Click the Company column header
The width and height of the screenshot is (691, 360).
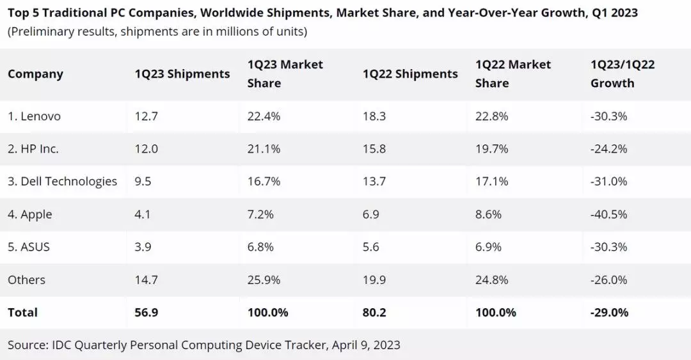[x=35, y=74]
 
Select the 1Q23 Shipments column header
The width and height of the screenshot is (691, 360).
[x=182, y=74]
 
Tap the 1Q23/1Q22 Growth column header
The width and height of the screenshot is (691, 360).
[x=622, y=74]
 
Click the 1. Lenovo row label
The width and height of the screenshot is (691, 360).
[x=34, y=116]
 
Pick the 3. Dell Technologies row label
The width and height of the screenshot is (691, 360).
[x=62, y=182]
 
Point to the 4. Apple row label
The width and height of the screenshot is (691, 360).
[x=29, y=215]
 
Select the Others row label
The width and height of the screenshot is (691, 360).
[x=26, y=280]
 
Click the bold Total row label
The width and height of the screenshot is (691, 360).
[x=22, y=313]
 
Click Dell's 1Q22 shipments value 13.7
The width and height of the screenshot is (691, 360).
[x=374, y=182]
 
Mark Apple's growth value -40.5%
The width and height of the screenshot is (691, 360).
[x=608, y=215]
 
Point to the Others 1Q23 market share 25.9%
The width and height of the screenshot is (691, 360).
[x=263, y=280]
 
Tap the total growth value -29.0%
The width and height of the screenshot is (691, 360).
[x=609, y=313]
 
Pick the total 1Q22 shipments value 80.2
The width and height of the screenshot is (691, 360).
[x=374, y=313]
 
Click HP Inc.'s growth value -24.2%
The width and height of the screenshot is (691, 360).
[x=608, y=149]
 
